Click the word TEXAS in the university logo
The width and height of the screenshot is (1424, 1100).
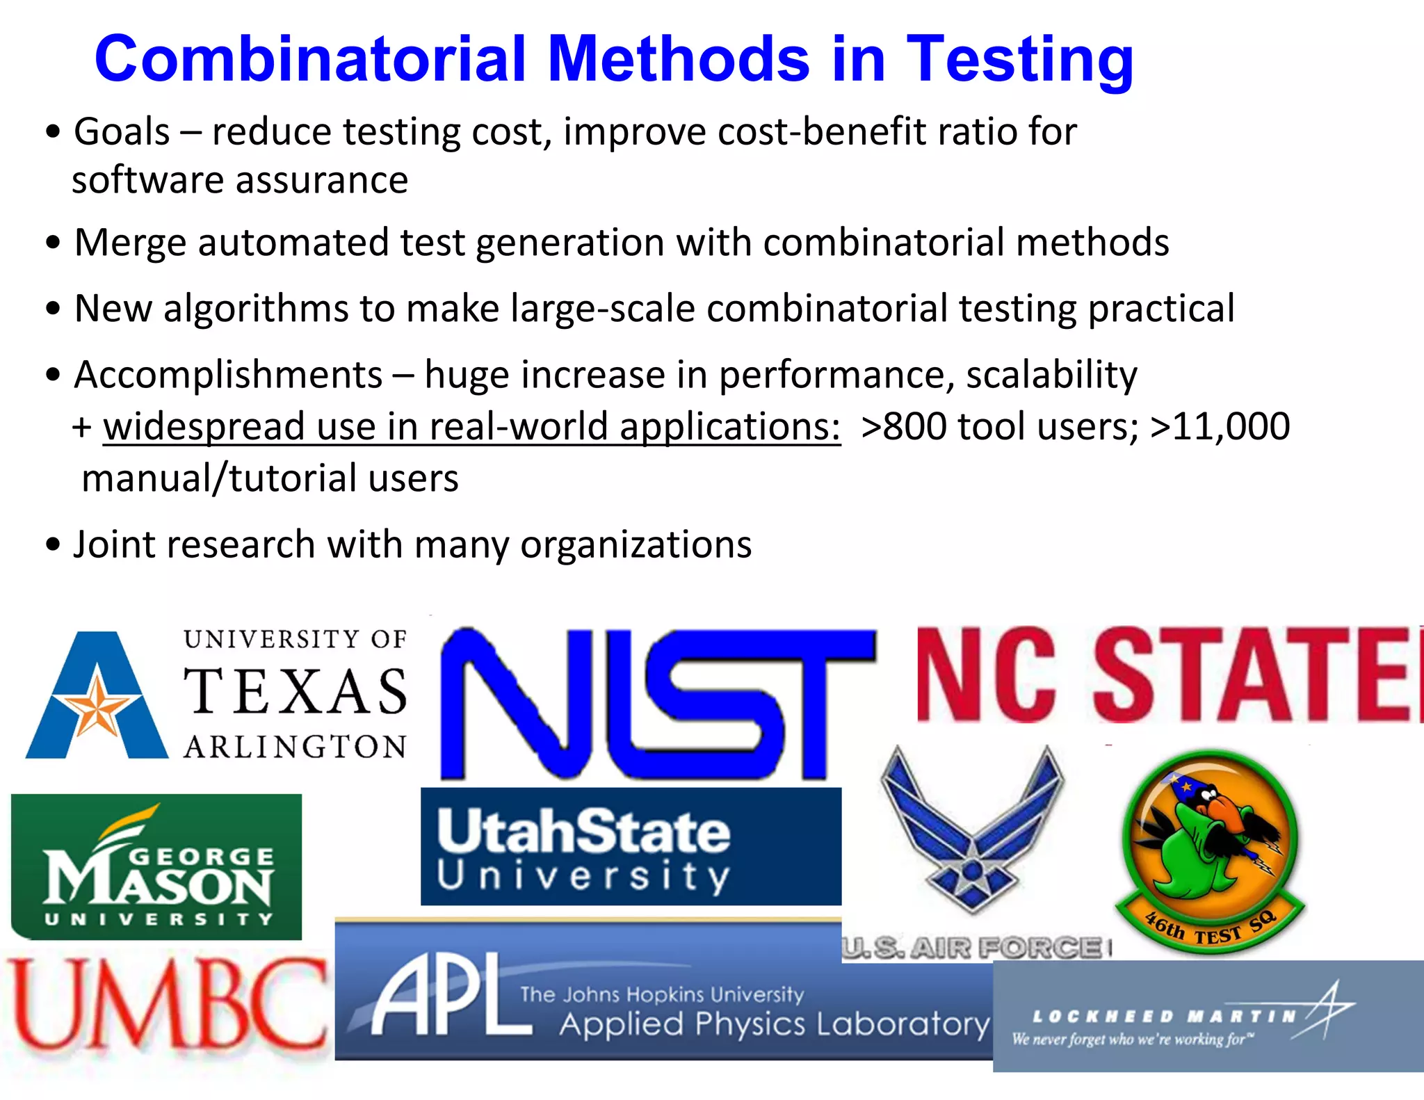(295, 692)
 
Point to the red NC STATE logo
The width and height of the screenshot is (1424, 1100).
(1168, 674)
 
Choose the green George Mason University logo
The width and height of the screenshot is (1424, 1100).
(157, 866)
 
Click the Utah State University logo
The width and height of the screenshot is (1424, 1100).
(631, 846)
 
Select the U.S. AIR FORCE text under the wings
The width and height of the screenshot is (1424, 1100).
(973, 948)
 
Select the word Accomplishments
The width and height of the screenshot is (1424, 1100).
(228, 375)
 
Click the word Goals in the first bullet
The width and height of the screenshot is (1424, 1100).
(122, 132)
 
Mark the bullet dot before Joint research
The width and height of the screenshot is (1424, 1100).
(53, 544)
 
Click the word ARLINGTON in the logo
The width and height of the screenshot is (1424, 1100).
(295, 747)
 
